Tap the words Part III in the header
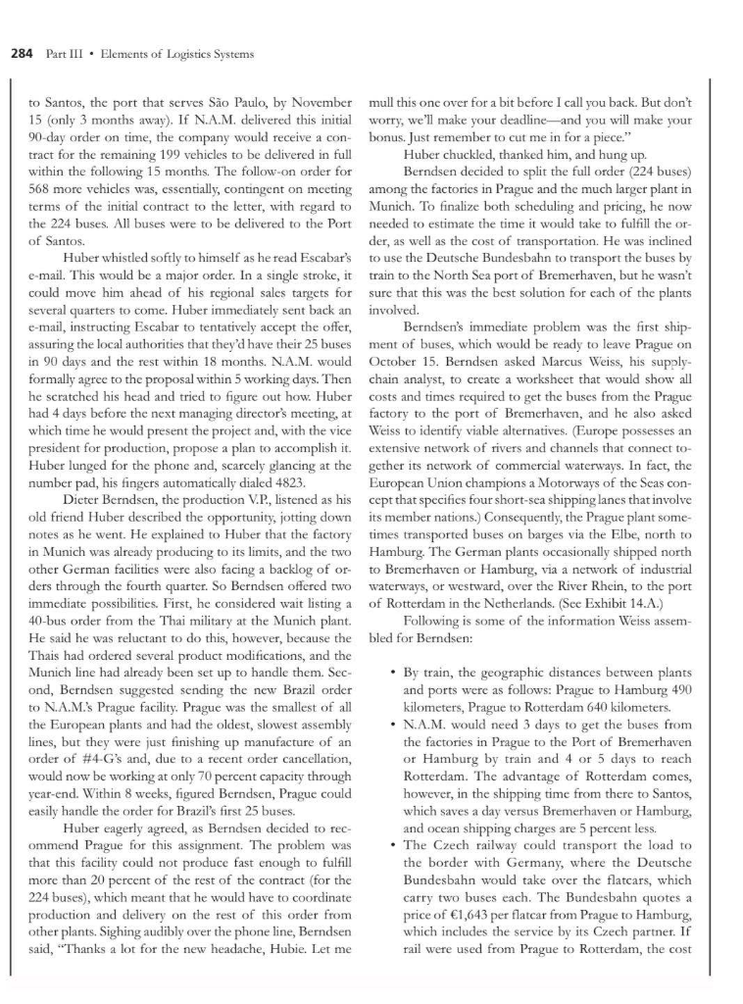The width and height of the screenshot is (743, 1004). [x=62, y=53]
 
